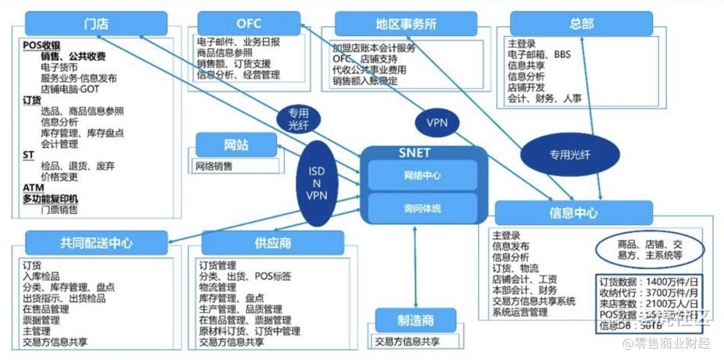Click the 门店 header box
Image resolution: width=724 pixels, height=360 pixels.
(97, 24)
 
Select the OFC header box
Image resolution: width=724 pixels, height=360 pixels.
(249, 24)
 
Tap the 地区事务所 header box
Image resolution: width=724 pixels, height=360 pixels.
(406, 24)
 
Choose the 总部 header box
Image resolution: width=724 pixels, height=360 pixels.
(581, 24)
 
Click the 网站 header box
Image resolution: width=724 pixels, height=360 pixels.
(236, 145)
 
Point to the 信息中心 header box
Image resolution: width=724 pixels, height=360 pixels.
(573, 213)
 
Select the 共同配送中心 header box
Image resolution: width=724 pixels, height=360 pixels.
(96, 243)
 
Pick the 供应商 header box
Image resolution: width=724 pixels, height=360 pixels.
(272, 243)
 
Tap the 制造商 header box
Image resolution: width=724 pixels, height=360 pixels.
(415, 320)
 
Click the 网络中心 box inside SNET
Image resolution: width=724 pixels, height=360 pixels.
(422, 176)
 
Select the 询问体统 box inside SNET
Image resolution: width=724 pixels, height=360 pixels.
(422, 208)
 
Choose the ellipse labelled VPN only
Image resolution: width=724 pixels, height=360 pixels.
(436, 123)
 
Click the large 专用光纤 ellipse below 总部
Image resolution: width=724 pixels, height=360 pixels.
(570, 154)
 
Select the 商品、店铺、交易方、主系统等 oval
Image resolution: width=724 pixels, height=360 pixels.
(649, 249)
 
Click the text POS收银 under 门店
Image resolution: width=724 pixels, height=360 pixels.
(42, 45)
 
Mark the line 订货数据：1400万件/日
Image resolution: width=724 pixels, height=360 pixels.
(649, 281)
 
